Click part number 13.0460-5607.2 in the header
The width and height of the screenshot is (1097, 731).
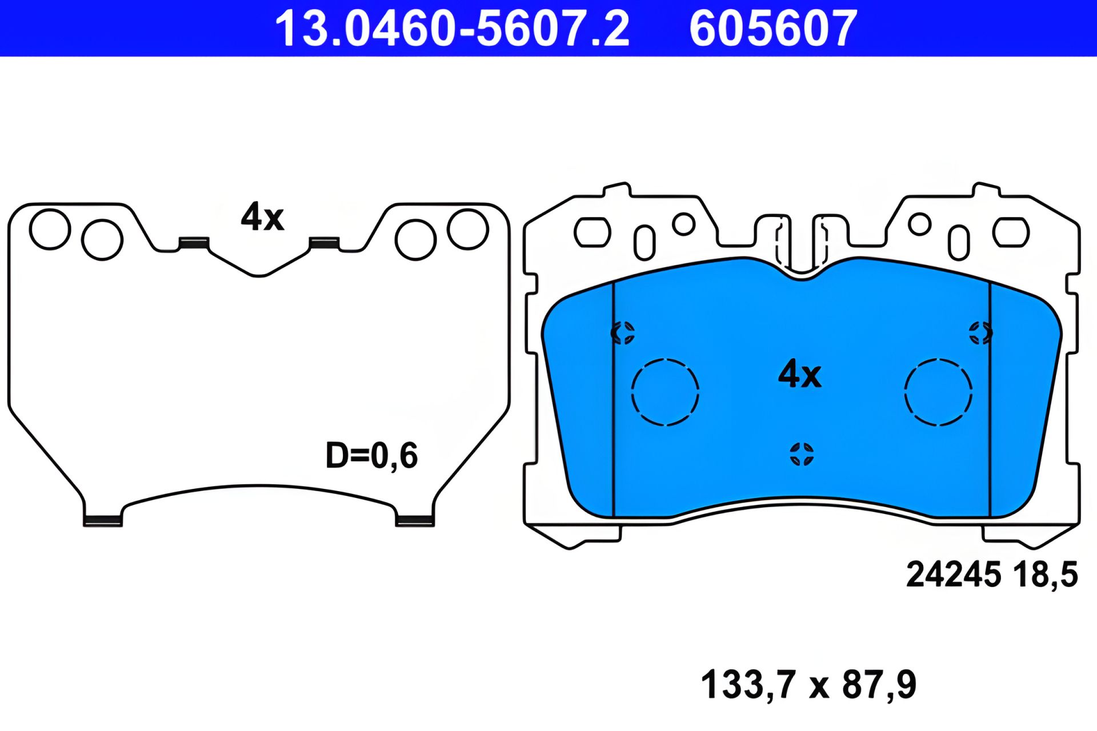click(x=452, y=29)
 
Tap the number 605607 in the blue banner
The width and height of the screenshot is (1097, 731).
click(x=773, y=29)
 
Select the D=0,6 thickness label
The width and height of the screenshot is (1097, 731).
click(x=371, y=456)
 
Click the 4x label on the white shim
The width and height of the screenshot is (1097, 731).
click(x=262, y=217)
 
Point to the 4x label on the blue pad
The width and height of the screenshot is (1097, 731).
click(x=800, y=375)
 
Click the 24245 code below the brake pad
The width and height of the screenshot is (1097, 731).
click(x=954, y=574)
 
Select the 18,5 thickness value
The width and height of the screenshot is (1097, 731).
click(x=1045, y=575)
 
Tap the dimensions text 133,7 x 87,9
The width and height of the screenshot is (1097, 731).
click(x=808, y=684)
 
